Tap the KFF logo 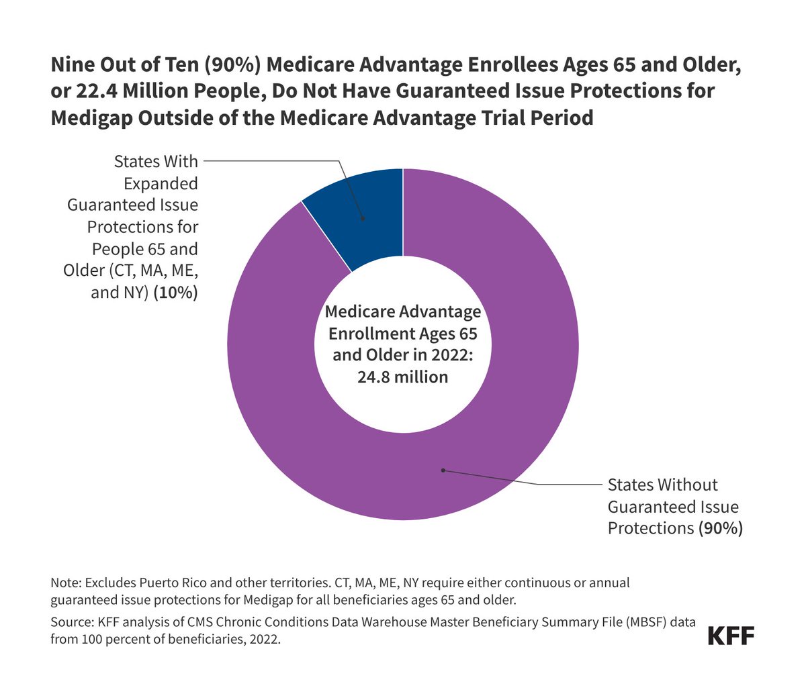(731, 636)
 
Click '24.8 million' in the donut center (402, 377)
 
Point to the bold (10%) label (175, 293)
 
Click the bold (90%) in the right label (721, 528)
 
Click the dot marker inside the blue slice (363, 217)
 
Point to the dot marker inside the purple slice (443, 470)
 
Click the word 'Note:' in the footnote (66, 582)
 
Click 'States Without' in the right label (662, 485)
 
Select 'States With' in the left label (156, 162)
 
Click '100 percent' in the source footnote (110, 639)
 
